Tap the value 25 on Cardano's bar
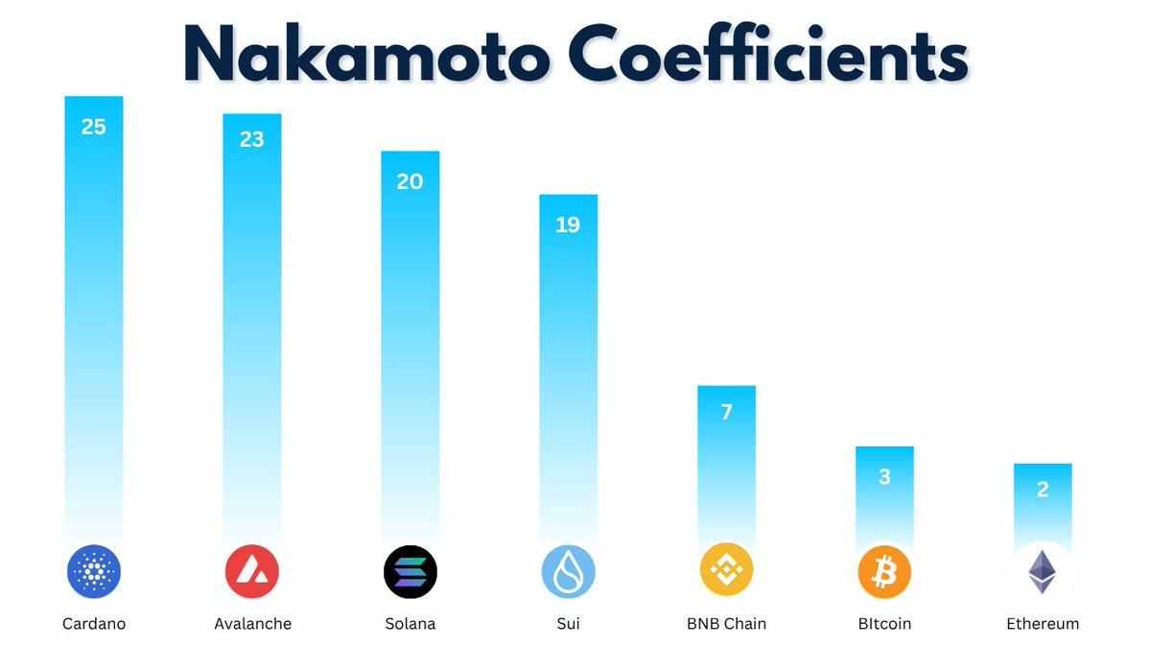[x=94, y=126]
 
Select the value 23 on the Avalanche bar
[x=252, y=139]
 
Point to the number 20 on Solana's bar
[x=410, y=181]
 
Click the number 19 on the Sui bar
[x=568, y=225]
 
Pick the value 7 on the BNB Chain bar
[x=726, y=413]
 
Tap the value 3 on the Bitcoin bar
[x=884, y=476]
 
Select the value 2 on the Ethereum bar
[x=1043, y=490]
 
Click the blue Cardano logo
[x=94, y=572]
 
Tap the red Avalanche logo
[x=252, y=572]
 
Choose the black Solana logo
[x=410, y=572]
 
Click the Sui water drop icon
[x=568, y=572]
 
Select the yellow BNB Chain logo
[x=726, y=572]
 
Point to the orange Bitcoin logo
[x=884, y=572]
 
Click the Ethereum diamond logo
[x=1042, y=572]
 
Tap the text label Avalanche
[x=252, y=624]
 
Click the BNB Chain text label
[x=726, y=624]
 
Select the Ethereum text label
[x=1043, y=624]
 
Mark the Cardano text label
[x=94, y=624]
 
